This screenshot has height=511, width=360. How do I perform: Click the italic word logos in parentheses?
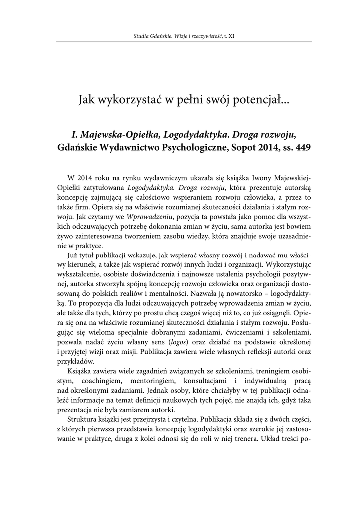tap(174, 342)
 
